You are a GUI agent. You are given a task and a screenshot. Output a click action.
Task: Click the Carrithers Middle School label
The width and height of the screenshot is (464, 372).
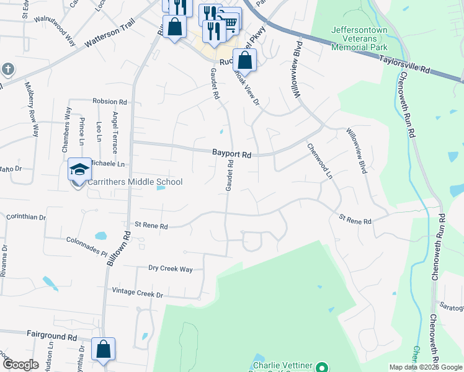click(135, 182)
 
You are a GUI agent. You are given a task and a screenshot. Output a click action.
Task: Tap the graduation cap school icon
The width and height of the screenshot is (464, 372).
click(79, 169)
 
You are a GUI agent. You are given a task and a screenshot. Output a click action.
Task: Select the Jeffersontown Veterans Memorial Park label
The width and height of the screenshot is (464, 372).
click(359, 38)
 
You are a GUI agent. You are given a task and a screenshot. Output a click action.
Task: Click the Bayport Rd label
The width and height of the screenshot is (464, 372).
click(231, 153)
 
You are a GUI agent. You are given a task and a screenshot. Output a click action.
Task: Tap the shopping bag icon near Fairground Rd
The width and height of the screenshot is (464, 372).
click(103, 348)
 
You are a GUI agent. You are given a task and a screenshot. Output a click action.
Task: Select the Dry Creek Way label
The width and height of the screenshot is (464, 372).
click(171, 268)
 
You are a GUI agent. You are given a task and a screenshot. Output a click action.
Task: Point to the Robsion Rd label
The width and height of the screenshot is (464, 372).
click(109, 101)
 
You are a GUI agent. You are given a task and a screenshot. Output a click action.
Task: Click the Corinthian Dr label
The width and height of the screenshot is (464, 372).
click(25, 218)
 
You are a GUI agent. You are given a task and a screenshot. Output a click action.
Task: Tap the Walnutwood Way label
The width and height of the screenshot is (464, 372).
click(55, 32)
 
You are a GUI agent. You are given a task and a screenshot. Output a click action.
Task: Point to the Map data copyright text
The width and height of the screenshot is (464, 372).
click(426, 367)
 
